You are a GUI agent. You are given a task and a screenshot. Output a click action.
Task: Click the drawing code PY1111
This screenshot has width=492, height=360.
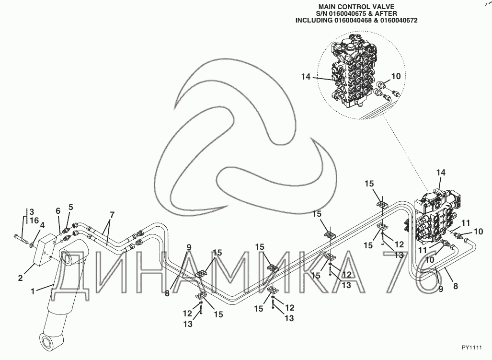471,348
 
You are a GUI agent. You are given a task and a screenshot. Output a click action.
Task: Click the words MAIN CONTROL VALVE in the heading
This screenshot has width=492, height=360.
356,7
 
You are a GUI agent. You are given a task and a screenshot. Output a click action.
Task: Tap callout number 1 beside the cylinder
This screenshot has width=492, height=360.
33,291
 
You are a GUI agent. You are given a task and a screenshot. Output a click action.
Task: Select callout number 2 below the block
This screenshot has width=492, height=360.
21,278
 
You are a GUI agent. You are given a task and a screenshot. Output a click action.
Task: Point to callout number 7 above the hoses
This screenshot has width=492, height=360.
112,215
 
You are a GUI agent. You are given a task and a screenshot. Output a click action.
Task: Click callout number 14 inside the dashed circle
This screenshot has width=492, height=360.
306,77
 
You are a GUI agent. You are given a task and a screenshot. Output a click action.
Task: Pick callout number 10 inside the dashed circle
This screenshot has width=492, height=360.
396,76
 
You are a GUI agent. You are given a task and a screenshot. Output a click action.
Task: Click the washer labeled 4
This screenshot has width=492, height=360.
32,243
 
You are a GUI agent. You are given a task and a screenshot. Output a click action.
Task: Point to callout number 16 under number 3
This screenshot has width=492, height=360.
34,221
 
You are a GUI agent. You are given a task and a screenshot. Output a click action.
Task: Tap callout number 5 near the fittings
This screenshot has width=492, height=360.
71,207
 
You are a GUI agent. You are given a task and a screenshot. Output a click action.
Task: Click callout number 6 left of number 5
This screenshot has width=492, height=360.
58,211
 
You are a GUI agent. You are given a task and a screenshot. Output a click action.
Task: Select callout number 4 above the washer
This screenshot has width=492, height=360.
43,225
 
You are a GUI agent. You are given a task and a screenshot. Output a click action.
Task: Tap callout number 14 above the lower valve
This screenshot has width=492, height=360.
441,173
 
